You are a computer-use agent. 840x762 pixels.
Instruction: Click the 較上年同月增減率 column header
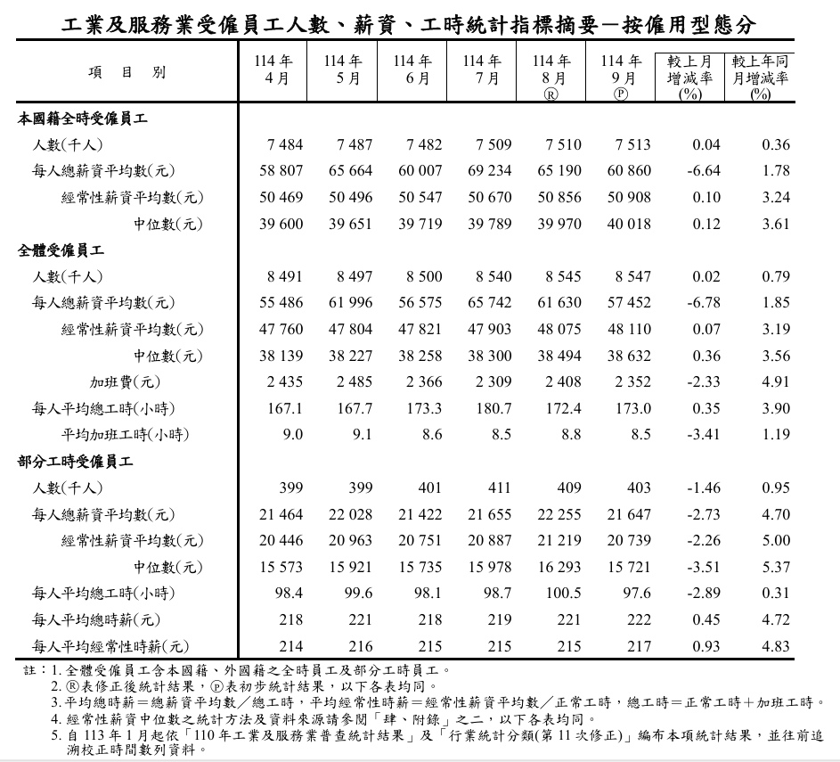click(760, 77)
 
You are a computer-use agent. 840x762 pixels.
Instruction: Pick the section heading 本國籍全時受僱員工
click(83, 118)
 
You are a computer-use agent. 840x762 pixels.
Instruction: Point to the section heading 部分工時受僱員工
click(76, 462)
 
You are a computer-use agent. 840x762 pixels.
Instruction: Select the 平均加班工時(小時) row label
click(125, 435)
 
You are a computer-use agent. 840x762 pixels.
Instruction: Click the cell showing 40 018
click(629, 224)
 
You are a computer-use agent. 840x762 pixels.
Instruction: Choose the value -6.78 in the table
click(705, 303)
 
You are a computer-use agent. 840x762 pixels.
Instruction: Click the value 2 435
click(285, 382)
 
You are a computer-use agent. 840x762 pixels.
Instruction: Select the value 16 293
click(559, 567)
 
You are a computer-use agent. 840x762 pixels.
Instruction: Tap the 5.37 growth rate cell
click(776, 567)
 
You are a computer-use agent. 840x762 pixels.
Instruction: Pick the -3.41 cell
click(705, 435)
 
